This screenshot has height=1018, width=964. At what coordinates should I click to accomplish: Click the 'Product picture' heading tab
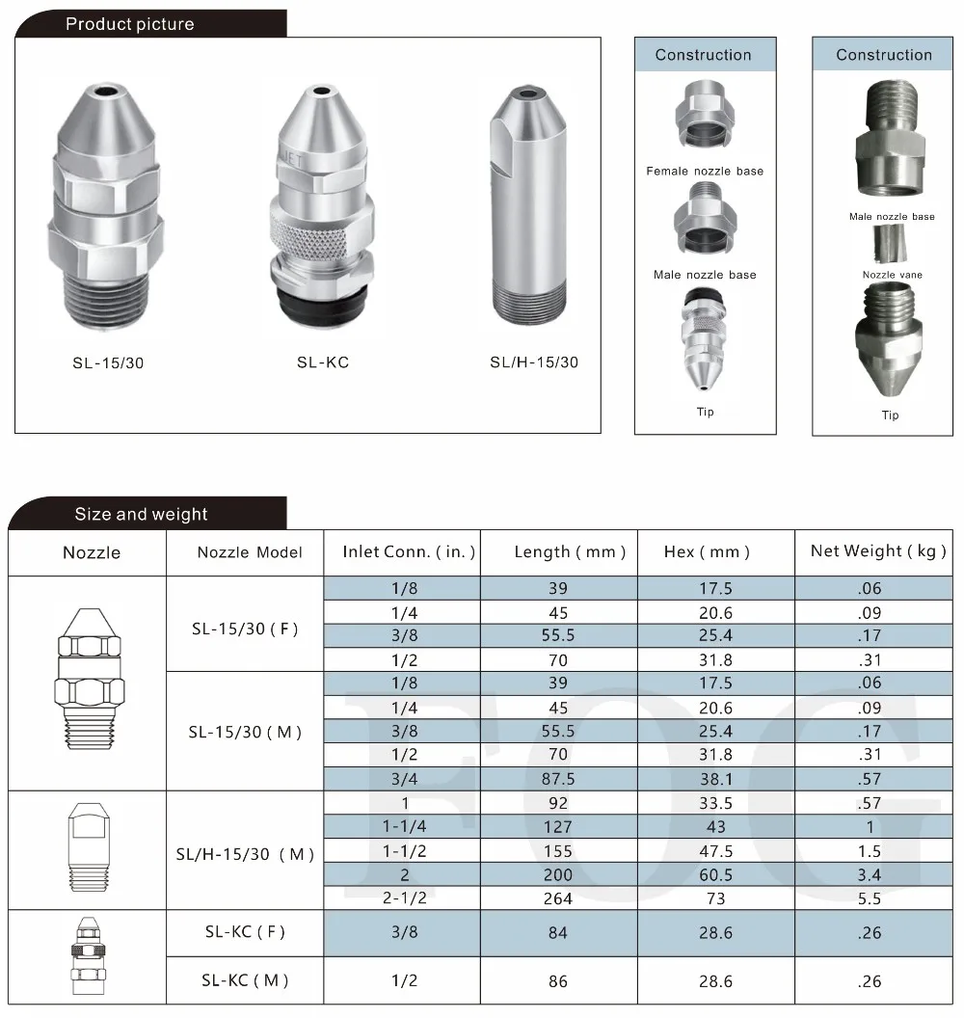click(x=130, y=24)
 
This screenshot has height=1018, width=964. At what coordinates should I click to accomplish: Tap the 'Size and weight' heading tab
click(x=142, y=514)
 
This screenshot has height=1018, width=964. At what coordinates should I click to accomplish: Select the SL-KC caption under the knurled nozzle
click(x=323, y=363)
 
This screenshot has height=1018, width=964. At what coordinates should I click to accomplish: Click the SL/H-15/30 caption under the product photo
click(x=534, y=363)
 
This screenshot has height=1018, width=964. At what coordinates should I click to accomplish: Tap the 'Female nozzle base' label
click(x=705, y=172)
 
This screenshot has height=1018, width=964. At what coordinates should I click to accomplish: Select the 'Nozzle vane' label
click(x=892, y=275)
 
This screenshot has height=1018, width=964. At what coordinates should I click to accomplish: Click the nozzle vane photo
click(x=891, y=246)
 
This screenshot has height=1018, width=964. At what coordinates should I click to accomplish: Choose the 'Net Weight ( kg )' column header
click(x=873, y=551)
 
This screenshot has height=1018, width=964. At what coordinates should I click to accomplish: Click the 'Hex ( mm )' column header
click(x=707, y=552)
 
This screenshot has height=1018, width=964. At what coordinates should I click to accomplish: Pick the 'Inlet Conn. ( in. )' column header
click(x=410, y=552)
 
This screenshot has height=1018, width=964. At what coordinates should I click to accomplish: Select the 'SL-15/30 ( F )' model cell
click(x=245, y=630)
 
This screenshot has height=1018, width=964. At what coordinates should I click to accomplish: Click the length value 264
click(x=558, y=898)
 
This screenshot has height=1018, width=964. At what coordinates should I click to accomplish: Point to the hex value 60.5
click(x=715, y=875)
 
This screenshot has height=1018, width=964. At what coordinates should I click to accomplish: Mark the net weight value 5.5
click(x=870, y=898)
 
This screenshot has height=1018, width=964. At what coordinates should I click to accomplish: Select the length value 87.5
click(x=558, y=779)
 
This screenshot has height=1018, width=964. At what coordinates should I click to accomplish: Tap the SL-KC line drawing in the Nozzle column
click(x=88, y=957)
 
